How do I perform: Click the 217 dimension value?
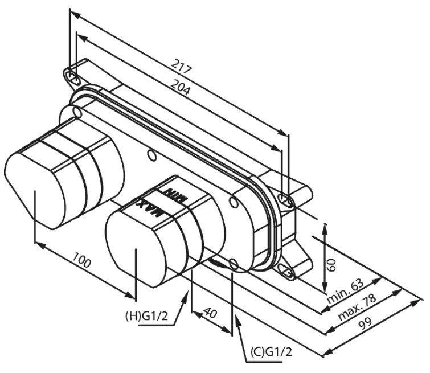(x=181, y=67)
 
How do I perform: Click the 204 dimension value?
(x=180, y=87)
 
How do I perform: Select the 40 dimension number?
(x=211, y=313)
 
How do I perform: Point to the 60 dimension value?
(x=332, y=265)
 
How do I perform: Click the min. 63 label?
(x=346, y=291)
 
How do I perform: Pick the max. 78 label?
(x=357, y=308)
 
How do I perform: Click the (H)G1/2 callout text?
(x=146, y=316)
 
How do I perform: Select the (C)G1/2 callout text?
(x=271, y=351)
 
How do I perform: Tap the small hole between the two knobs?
(x=151, y=155)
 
